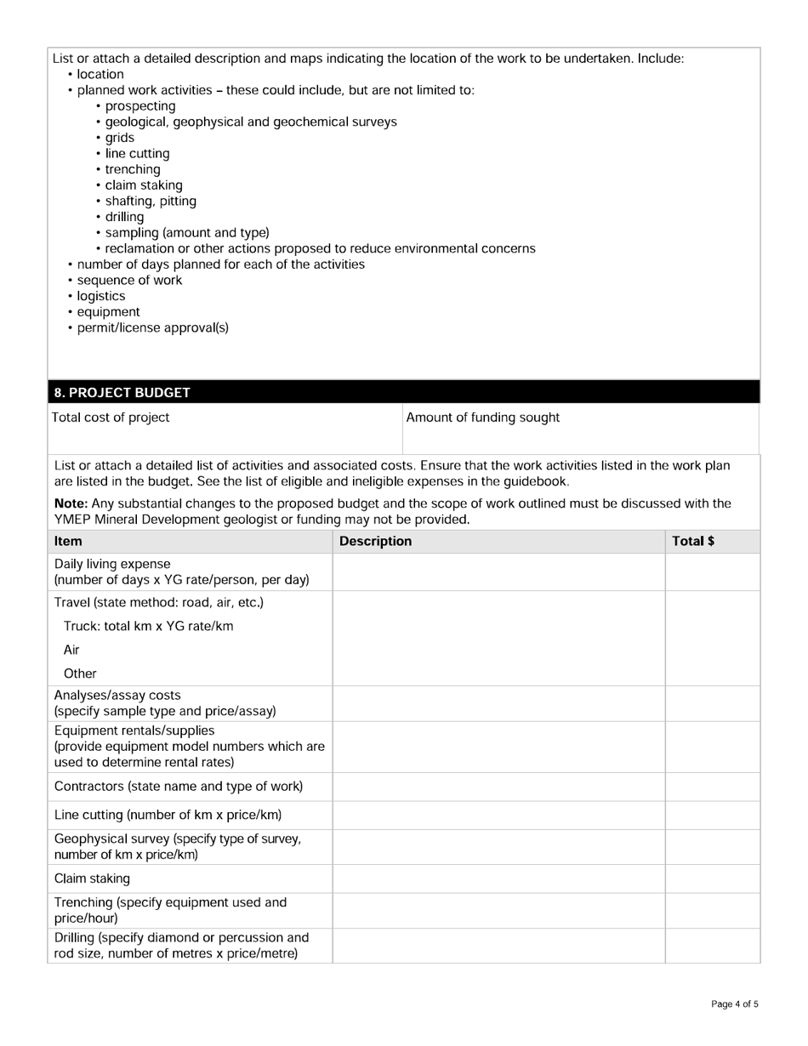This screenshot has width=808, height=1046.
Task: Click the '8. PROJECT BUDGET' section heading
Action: [122, 393]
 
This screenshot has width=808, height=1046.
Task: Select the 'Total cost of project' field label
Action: [111, 418]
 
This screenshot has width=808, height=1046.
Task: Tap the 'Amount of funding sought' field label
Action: [482, 418]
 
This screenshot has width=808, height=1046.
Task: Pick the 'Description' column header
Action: [375, 541]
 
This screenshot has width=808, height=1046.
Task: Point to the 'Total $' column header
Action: [692, 541]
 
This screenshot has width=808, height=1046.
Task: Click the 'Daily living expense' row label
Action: [112, 564]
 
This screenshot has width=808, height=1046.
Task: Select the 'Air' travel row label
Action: [71, 650]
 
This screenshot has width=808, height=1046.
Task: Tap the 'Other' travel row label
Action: [80, 674]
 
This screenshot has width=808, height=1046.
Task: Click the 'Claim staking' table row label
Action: [92, 878]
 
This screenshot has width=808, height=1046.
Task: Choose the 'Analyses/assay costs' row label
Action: [117, 695]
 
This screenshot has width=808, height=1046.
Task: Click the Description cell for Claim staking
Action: [498, 878]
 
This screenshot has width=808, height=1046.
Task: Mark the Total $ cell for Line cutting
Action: [712, 815]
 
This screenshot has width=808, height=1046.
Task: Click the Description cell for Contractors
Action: [498, 787]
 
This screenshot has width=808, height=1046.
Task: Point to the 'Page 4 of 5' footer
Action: [734, 1004]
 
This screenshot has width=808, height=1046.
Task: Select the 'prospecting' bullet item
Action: [140, 106]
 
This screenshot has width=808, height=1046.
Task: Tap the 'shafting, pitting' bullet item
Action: [151, 202]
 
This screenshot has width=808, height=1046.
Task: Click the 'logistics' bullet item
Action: [100, 296]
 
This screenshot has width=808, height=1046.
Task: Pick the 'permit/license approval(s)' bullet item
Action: [152, 327]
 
